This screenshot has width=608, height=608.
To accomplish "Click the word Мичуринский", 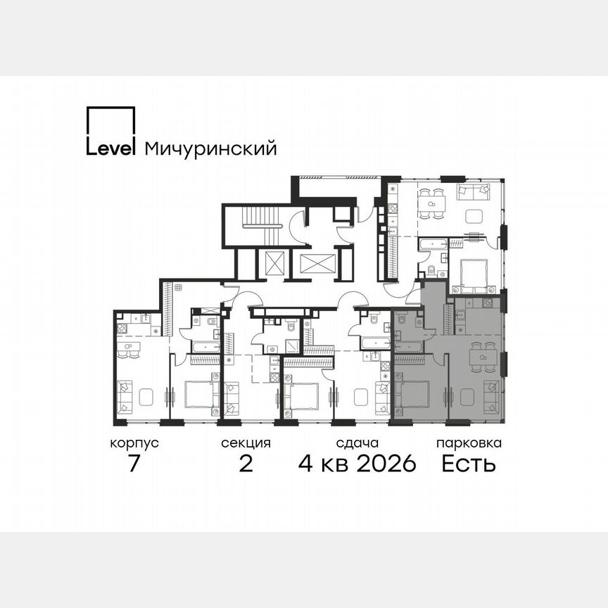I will click(210, 149).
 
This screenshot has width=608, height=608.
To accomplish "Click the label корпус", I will click(134, 443).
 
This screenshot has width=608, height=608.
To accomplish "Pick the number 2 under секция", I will click(246, 464).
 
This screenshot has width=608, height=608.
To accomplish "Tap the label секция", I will click(246, 443).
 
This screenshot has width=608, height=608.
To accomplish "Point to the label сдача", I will click(357, 443).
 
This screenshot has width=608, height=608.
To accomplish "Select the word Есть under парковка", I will click(469, 464).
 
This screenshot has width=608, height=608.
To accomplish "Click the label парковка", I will click(469, 443).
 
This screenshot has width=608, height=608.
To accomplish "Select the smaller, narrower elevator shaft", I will click(275, 264).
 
